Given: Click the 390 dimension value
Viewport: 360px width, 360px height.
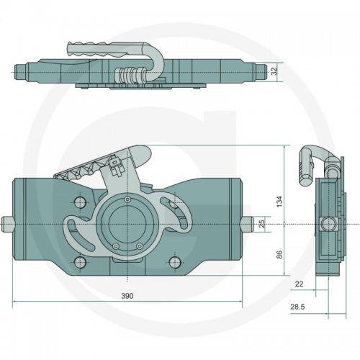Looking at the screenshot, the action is [x=127, y=296].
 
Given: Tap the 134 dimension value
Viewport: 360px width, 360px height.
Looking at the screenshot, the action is [x=279, y=202].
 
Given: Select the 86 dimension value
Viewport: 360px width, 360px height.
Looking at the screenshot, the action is [x=279, y=254].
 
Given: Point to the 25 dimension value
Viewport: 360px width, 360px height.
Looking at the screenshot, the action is [x=262, y=223].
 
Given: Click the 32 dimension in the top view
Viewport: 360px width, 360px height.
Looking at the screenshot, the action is [x=274, y=71].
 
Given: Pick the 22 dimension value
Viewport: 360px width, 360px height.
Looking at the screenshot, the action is [x=299, y=284].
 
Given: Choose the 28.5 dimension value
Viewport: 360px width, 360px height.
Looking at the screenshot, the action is [x=297, y=307].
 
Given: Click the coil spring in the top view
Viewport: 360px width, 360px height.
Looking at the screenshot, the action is [x=130, y=75].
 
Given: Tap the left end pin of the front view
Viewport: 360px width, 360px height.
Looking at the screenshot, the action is [x=7, y=224].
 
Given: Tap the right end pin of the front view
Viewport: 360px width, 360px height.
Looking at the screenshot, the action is [x=248, y=224].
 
